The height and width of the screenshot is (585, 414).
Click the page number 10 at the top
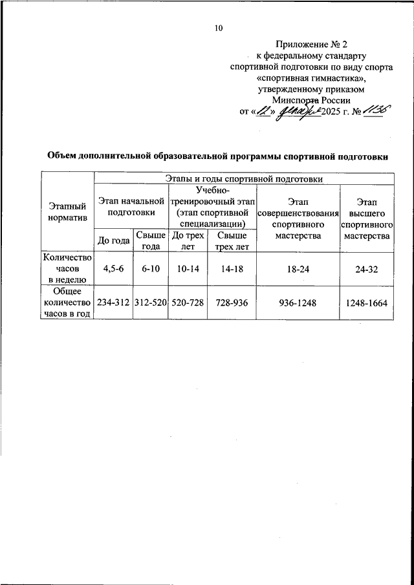(x=218, y=28)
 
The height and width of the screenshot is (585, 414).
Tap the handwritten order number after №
(x=375, y=111)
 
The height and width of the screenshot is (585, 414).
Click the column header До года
(x=113, y=241)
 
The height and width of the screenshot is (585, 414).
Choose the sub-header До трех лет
(x=188, y=241)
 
